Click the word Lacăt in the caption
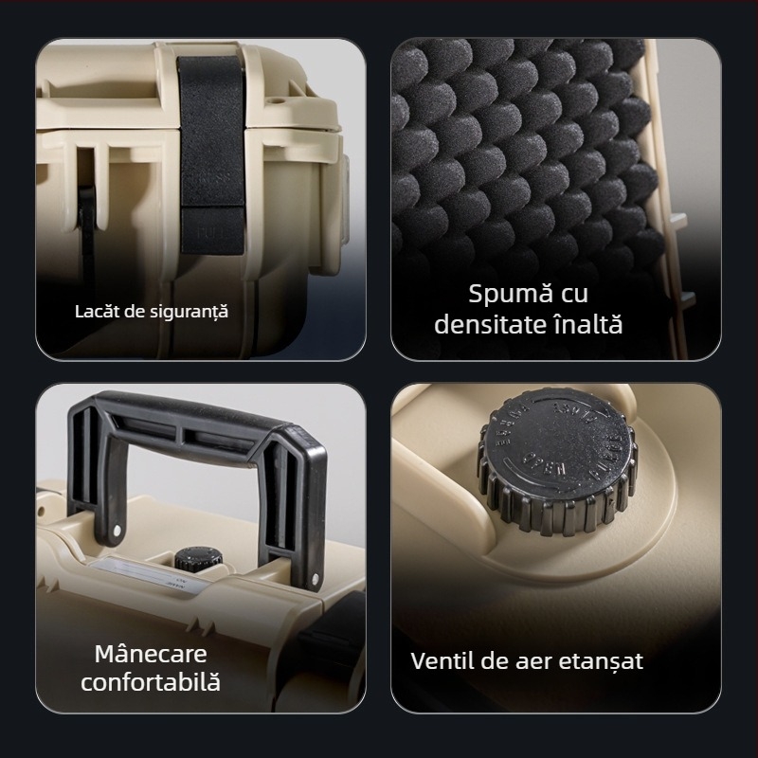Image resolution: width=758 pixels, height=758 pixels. point(96,311)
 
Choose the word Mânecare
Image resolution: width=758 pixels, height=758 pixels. point(151,654)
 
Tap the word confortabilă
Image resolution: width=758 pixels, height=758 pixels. point(151,682)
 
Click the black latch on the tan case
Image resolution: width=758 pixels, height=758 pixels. point(214,142)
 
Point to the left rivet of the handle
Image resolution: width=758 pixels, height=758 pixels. point(117,529)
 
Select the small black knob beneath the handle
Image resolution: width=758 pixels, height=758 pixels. point(195,559)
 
